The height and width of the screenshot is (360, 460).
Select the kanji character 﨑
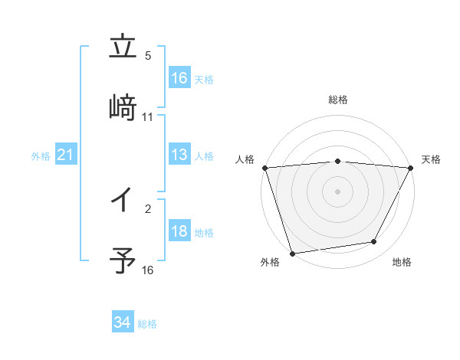(123, 107)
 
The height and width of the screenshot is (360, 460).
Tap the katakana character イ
(123, 201)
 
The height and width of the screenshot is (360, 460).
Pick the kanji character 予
(123, 259)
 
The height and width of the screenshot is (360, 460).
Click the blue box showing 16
(179, 78)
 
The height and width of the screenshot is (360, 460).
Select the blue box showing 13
(179, 155)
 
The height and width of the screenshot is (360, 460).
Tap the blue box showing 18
(179, 232)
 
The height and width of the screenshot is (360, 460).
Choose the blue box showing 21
(65, 155)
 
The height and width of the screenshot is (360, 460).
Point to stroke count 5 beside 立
(149, 57)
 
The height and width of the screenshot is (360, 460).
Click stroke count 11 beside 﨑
(148, 117)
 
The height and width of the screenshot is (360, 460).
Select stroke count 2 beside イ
(149, 208)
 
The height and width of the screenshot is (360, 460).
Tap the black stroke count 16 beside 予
(148, 270)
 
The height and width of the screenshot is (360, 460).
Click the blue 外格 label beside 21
(41, 156)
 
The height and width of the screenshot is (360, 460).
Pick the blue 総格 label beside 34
(147, 324)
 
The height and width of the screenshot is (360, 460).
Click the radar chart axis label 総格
(338, 100)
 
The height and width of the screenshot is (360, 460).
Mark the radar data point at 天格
(411, 168)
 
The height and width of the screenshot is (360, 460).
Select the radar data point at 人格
(264, 168)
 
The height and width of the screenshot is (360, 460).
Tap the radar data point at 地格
(374, 242)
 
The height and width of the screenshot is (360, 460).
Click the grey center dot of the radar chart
(338, 191)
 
